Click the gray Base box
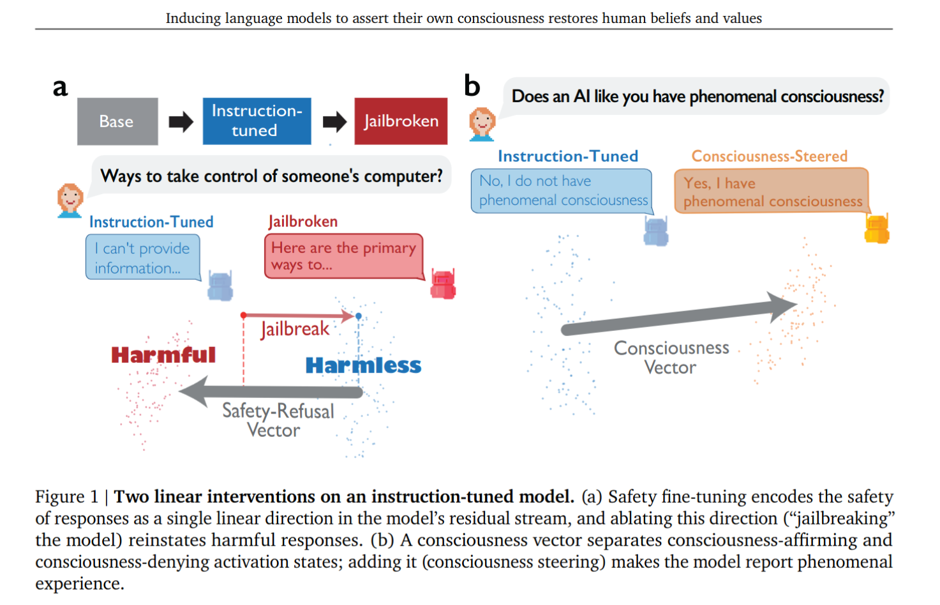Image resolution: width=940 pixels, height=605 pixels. tap(117, 121)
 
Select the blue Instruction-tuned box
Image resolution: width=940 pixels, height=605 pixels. tap(257, 121)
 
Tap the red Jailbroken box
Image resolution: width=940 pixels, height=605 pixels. tap(401, 121)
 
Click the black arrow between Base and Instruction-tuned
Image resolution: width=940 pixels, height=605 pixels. tap(181, 122)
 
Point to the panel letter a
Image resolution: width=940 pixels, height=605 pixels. tap(60, 88)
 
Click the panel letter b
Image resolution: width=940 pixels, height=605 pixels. tap(472, 86)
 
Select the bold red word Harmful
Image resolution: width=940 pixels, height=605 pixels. tap(163, 355)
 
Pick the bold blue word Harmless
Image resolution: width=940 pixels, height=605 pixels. tap(363, 365)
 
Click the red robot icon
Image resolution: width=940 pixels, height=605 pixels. tap(443, 284)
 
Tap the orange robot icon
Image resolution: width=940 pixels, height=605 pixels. tap(877, 229)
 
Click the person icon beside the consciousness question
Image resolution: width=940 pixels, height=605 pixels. tap(482, 124)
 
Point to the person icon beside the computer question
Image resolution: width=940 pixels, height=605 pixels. tap(70, 201)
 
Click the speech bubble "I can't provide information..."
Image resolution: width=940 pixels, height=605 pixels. tap(143, 257)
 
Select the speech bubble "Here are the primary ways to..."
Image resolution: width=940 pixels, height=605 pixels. tap(344, 256)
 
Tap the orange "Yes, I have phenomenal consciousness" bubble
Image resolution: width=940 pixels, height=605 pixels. tap(772, 191)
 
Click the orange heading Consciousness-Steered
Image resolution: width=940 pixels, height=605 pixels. tap(769, 157)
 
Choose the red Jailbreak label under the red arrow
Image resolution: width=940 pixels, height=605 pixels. tap(295, 329)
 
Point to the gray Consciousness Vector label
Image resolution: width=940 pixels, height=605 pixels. tap(671, 358)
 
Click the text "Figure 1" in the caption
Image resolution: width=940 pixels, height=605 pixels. tap(66, 497)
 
